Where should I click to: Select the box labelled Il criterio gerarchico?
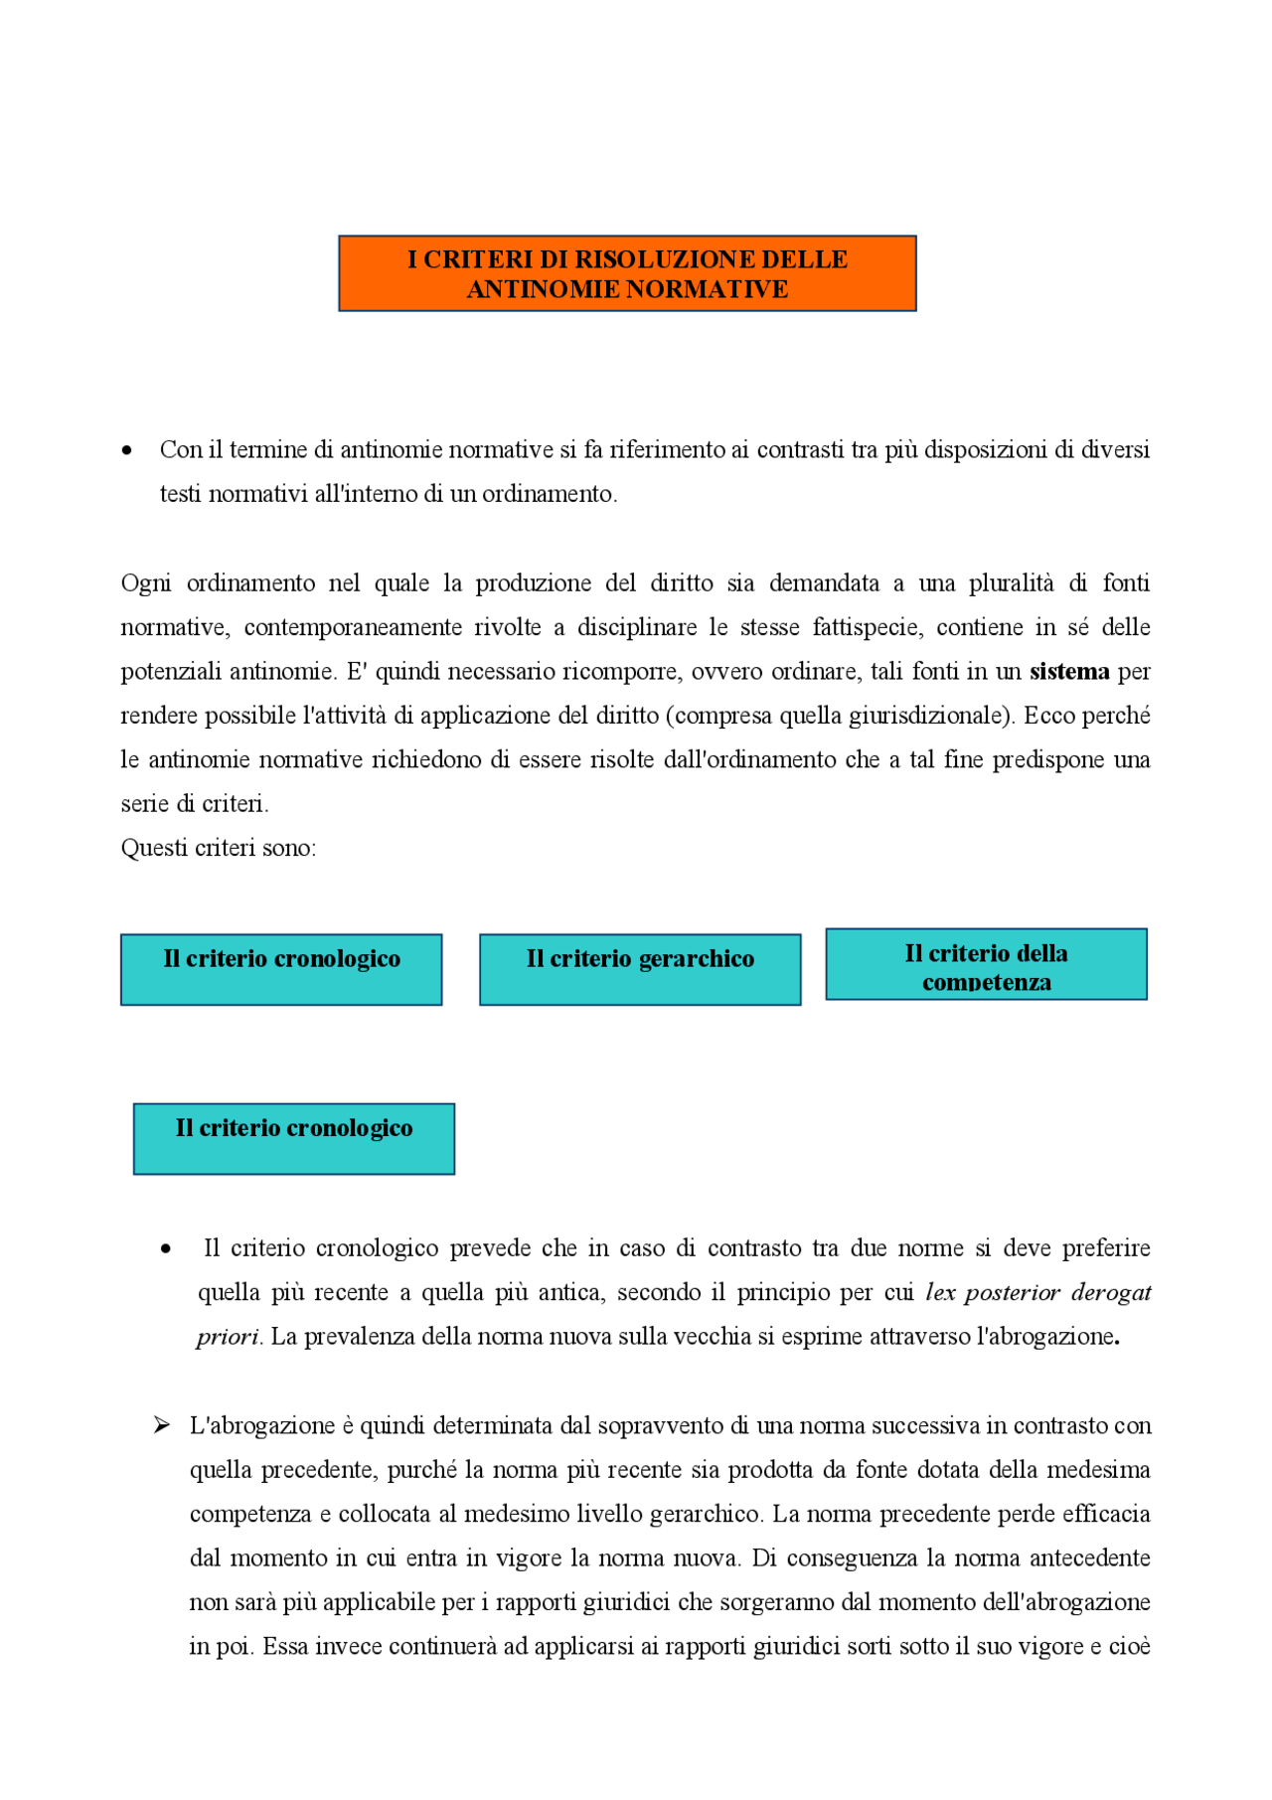[x=640, y=969]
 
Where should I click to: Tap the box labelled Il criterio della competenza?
[x=986, y=965]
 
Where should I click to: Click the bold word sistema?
[x=1069, y=672]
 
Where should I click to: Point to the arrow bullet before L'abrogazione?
[x=161, y=1425]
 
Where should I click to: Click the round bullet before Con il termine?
[x=126, y=450]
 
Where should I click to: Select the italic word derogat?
[x=1111, y=1292]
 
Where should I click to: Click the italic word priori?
[x=227, y=1337]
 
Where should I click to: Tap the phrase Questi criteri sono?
[x=219, y=848]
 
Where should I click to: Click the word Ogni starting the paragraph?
[x=146, y=583]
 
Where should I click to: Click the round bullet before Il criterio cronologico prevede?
[x=165, y=1249]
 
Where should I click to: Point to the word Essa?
[x=285, y=1646]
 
